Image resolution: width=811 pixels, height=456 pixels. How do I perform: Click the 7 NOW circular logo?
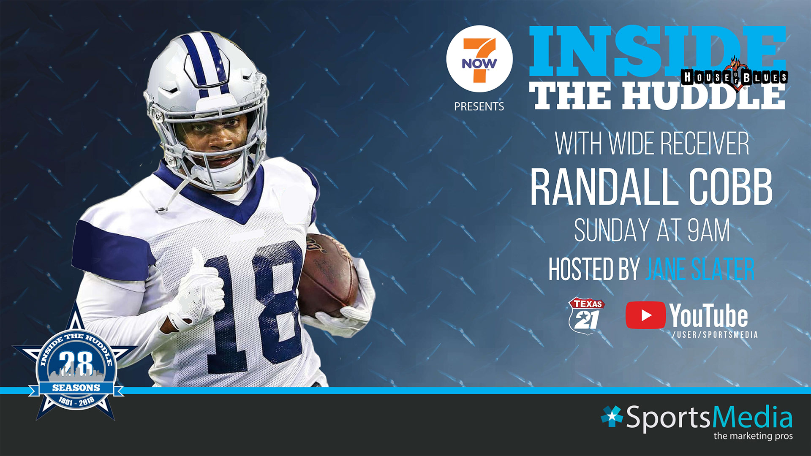point(479,59)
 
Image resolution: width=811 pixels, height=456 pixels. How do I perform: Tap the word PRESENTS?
point(479,107)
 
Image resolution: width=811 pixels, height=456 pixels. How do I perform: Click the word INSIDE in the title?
point(657,52)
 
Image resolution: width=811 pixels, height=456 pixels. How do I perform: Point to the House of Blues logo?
point(734,76)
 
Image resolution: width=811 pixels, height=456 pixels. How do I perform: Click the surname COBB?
point(731,187)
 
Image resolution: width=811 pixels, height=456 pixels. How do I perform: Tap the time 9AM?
point(708,231)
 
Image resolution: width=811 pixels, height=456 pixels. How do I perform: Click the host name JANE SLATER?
point(699,269)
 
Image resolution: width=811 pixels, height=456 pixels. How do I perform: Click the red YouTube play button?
point(645,315)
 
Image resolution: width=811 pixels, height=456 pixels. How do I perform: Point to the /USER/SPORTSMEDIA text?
point(715,335)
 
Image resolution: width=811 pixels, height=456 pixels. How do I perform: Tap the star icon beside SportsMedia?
point(612,416)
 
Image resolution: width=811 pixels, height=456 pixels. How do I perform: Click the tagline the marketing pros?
point(753,436)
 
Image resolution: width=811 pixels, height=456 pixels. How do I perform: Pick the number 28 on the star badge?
point(76,363)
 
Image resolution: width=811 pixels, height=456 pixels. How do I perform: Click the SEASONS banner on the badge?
point(76,388)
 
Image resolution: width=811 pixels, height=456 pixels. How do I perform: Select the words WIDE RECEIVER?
point(679,144)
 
